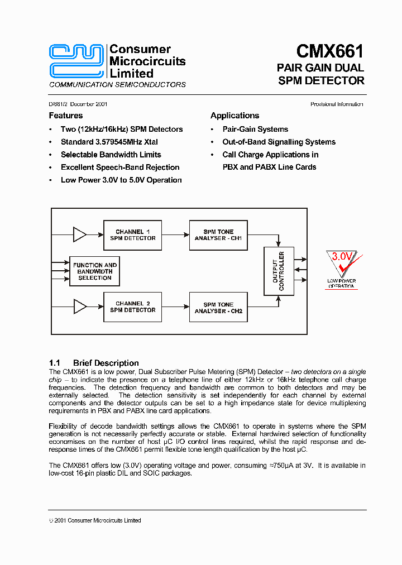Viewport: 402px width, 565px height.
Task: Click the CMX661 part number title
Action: pyautogui.click(x=329, y=51)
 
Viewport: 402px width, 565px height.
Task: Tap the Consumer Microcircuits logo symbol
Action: pyautogui.click(x=76, y=60)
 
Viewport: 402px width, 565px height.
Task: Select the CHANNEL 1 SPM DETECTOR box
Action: pyautogui.click(x=133, y=235)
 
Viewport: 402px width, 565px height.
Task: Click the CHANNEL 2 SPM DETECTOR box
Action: pyautogui.click(x=133, y=307)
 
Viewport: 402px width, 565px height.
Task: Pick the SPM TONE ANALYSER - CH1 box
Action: pyautogui.click(x=218, y=235)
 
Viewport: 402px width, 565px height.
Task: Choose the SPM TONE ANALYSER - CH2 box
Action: pyautogui.click(x=218, y=308)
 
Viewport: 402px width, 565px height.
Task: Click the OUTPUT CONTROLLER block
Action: pyautogui.click(x=278, y=271)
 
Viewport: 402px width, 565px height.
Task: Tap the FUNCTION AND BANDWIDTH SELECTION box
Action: pyautogui.click(x=95, y=271)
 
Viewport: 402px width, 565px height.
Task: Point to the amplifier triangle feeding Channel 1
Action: pyautogui.click(x=79, y=235)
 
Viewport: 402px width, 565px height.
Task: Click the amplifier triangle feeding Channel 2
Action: pyautogui.click(x=79, y=307)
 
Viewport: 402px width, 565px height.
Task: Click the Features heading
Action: pyautogui.click(x=66, y=116)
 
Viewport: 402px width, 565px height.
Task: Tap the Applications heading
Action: pyautogui.click(x=234, y=116)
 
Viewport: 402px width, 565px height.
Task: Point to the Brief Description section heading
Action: pyautogui.click(x=94, y=363)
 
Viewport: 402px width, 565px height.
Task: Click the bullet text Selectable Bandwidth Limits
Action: pyautogui.click(x=111, y=155)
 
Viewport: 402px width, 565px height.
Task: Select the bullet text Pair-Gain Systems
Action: pyautogui.click(x=255, y=129)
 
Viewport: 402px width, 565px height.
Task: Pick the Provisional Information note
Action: pyautogui.click(x=337, y=104)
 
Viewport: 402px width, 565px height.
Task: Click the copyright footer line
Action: pyautogui.click(x=95, y=520)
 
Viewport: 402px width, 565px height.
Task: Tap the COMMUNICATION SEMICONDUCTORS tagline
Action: pyautogui.click(x=117, y=85)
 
